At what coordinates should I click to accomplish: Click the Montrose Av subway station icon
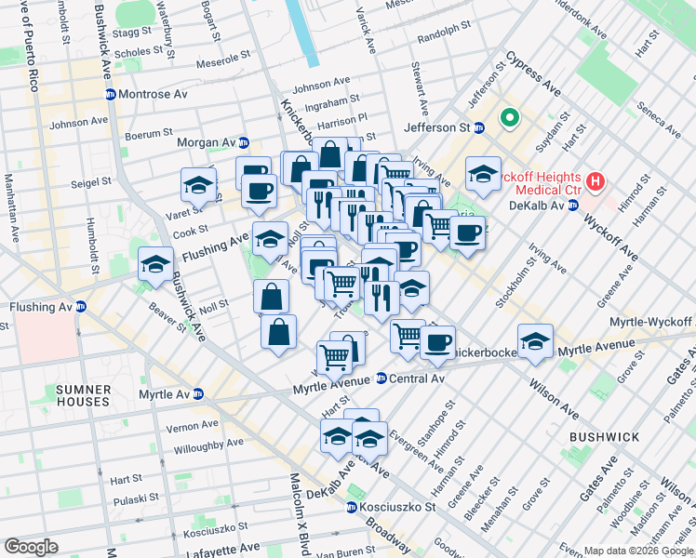tap(110, 95)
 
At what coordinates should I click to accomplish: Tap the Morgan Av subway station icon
tap(244, 142)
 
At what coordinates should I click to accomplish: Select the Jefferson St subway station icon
tap(479, 127)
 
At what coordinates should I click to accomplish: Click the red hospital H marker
tap(596, 179)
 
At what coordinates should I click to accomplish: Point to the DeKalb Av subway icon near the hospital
tap(573, 205)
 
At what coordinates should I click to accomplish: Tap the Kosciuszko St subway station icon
tap(351, 508)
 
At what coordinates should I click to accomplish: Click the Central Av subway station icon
tap(381, 378)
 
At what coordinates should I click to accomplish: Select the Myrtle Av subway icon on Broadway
tap(198, 394)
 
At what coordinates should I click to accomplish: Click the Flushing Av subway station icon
tap(81, 306)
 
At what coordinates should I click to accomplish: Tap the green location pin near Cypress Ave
tap(509, 118)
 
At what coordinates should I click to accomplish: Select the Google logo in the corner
tap(31, 546)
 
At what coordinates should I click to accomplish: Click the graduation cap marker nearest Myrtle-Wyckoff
tap(535, 341)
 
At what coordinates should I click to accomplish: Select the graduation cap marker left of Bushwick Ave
tap(155, 265)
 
